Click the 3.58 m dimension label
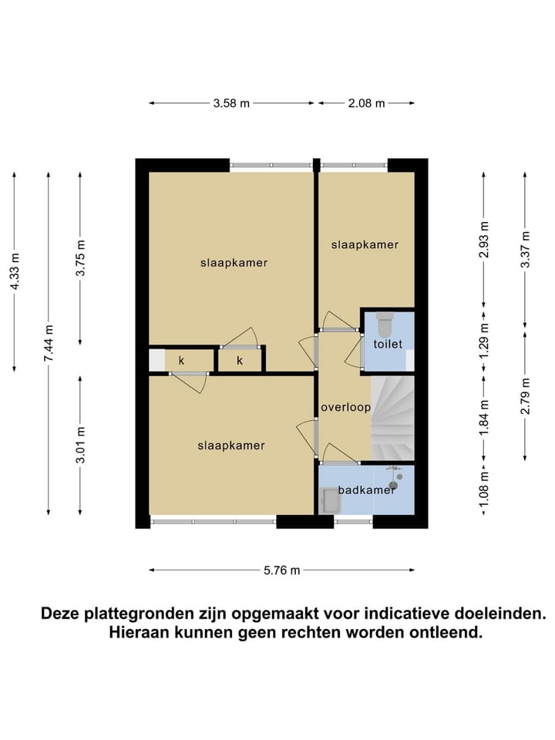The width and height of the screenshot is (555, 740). [x=231, y=103]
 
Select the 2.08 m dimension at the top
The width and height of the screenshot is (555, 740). [x=367, y=103]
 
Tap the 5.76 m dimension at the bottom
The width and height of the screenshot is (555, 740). [x=281, y=570]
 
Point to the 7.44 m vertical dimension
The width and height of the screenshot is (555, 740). [x=48, y=343]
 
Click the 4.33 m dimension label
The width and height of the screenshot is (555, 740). [x=15, y=271]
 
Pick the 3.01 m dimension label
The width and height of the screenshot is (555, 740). [x=81, y=445]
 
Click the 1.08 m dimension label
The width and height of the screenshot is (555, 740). [x=483, y=489]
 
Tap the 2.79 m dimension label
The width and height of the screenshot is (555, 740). [x=525, y=397]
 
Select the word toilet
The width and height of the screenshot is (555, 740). [x=388, y=345]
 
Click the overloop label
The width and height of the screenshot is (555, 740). [x=346, y=407]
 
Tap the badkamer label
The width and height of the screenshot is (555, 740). [x=366, y=489]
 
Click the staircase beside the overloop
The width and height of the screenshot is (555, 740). [x=393, y=416]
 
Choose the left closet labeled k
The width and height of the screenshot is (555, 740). [x=182, y=360]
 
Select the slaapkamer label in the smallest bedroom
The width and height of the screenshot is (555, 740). [x=365, y=244]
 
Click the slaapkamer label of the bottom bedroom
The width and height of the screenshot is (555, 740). [x=230, y=445]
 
